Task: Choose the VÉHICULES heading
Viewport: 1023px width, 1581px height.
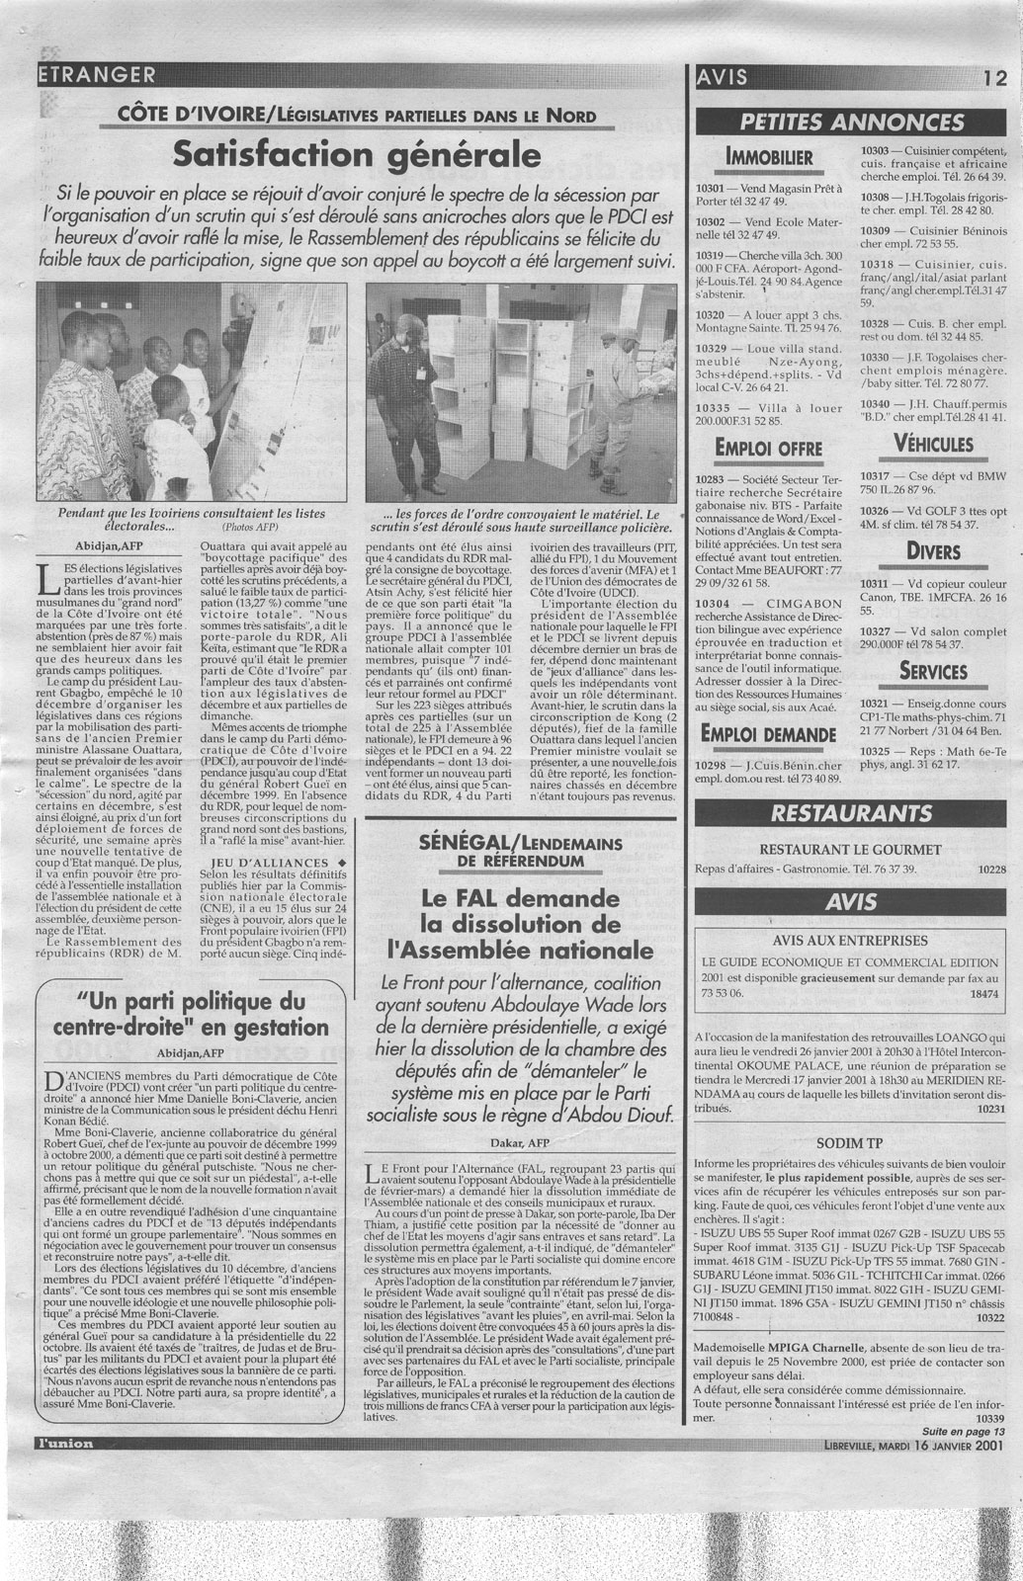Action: point(933,445)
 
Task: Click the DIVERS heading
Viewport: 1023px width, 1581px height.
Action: point(933,549)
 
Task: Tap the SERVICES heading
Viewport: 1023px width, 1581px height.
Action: point(933,671)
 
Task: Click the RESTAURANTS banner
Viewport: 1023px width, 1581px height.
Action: point(852,813)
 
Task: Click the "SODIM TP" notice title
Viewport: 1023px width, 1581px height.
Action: point(849,1143)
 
